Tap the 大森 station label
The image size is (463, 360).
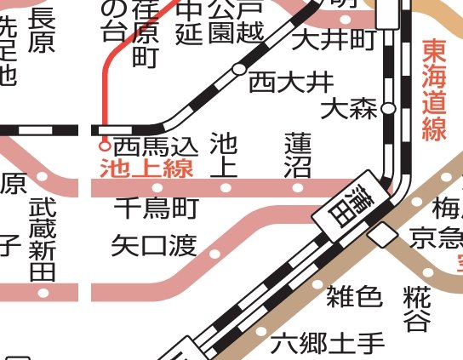tap(349, 109)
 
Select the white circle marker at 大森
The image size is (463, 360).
tap(388, 109)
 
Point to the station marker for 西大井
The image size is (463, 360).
tap(239, 69)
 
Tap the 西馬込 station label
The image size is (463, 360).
tap(156, 146)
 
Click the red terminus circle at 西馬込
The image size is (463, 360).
tap(104, 146)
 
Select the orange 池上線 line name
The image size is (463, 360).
tap(146, 168)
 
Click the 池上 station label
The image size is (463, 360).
tap(223, 153)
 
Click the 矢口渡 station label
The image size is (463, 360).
tap(154, 247)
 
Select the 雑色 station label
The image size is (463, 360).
tap(354, 296)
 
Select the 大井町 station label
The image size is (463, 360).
tap(334, 38)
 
